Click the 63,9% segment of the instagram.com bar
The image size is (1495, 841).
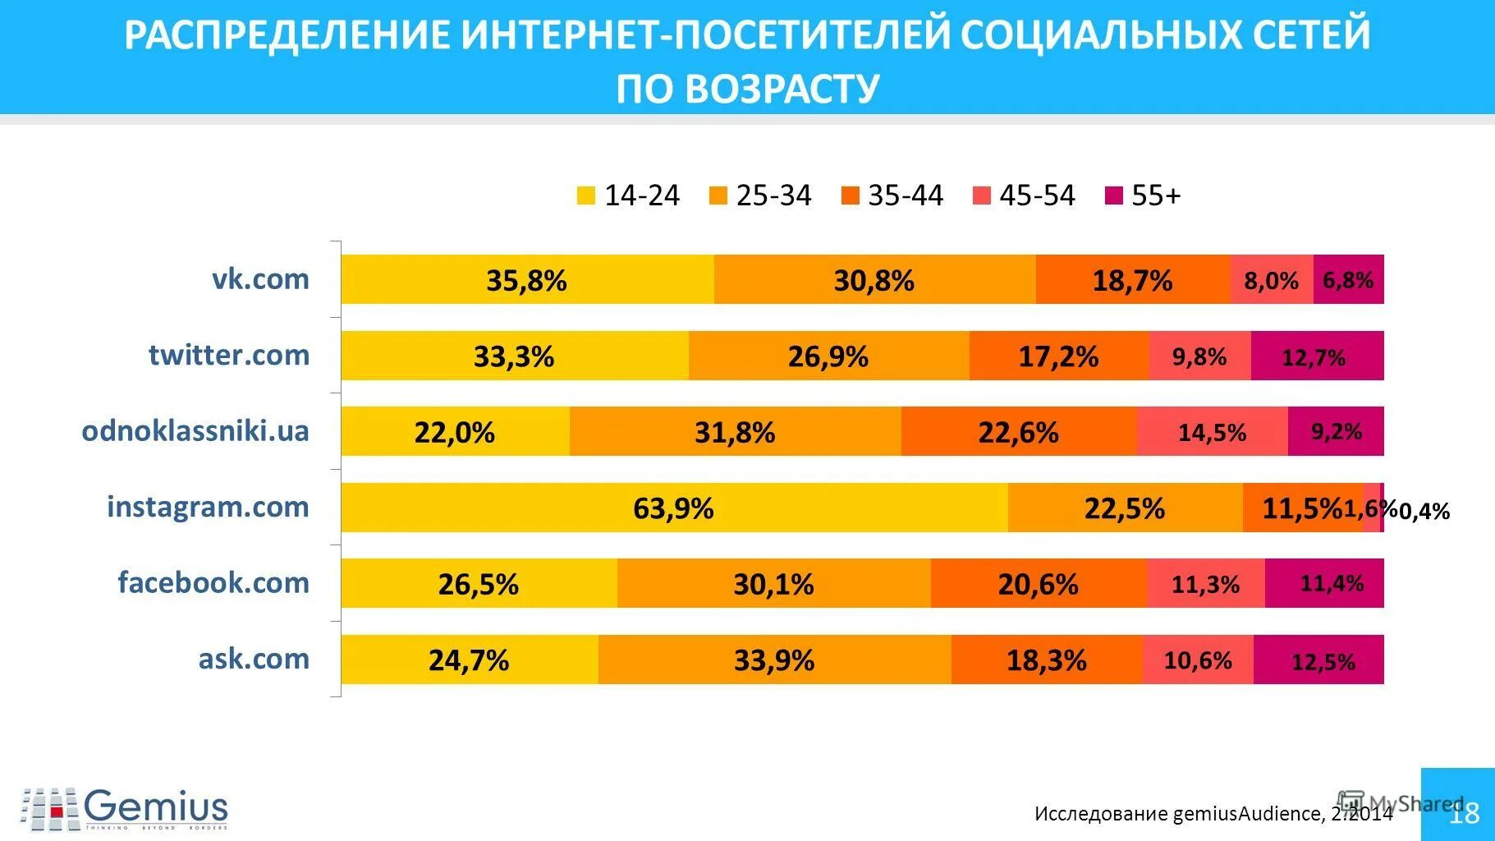(673, 508)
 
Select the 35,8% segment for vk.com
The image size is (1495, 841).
(526, 281)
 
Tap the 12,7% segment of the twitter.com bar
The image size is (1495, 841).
(1316, 356)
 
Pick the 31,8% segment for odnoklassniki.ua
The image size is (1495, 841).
(735, 432)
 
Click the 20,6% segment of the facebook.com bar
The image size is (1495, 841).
(1038, 584)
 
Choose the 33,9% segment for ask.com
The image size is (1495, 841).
(774, 659)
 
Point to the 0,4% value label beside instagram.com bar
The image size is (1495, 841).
(1424, 511)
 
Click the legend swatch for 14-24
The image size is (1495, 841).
(586, 195)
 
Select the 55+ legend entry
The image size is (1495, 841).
(1144, 195)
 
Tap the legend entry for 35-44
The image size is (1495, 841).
(892, 195)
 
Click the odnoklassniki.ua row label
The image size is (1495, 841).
(195, 430)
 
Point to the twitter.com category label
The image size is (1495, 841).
(229, 355)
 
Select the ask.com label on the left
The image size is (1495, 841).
(254, 658)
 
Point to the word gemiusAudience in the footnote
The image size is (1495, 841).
(1246, 813)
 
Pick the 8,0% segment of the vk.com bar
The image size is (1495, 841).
(1271, 281)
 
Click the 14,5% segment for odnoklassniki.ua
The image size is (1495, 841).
(1212, 432)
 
